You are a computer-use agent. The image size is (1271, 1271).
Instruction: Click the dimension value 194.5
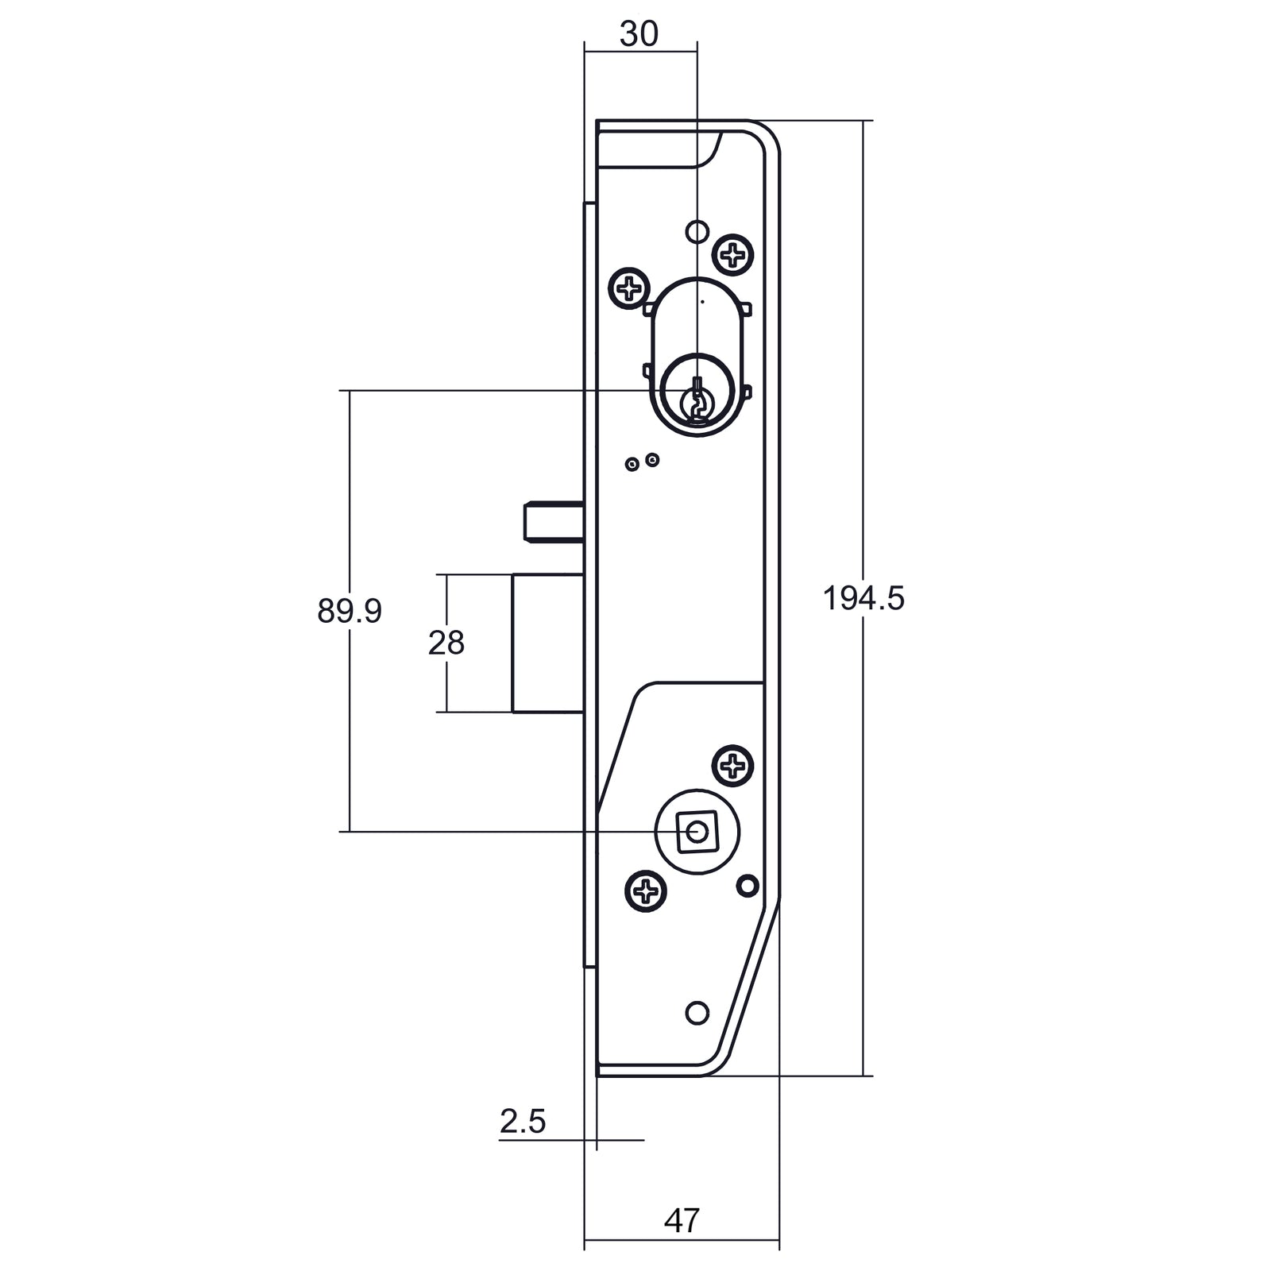863,599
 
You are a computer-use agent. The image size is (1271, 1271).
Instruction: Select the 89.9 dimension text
350,611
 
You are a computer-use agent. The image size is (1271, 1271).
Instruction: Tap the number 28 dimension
446,643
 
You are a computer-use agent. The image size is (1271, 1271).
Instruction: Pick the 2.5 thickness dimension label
523,1122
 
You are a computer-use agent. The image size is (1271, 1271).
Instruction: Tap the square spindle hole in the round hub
697,832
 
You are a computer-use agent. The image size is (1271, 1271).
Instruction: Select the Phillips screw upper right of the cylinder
733,256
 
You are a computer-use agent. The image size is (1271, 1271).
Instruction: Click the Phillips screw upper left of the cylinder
629,288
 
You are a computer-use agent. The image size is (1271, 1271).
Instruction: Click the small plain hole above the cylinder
697,231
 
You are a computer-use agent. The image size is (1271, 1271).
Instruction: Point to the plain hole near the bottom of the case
697,1013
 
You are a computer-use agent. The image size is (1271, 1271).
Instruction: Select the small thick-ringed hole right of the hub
747,886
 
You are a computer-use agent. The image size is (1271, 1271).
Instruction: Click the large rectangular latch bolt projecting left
548,643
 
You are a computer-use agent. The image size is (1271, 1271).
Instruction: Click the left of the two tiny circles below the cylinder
632,465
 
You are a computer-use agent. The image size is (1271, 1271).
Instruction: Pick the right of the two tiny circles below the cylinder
652,459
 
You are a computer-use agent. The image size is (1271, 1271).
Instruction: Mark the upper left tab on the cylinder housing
648,307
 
